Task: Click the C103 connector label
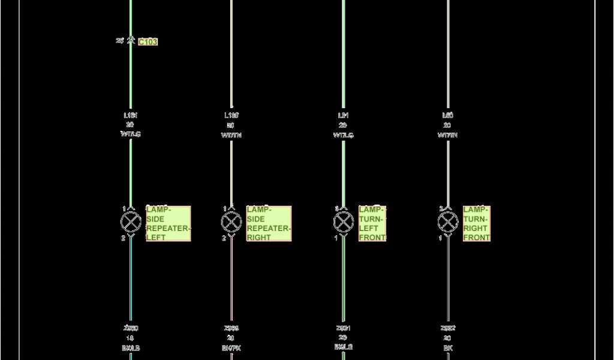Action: click(148, 42)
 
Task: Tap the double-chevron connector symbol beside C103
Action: click(131, 41)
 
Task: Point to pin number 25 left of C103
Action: click(120, 41)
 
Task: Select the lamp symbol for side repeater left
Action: click(130, 222)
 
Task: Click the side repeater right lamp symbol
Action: click(231, 222)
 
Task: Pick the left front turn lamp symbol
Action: click(344, 222)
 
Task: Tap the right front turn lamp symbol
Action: click(448, 222)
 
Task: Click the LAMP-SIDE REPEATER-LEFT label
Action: click(168, 224)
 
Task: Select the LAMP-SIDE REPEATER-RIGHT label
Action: click(269, 224)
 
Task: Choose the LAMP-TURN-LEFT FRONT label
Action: click(372, 224)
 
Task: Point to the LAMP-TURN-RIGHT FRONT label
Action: click(477, 224)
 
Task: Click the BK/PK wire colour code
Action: click(231, 348)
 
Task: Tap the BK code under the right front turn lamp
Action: click(448, 348)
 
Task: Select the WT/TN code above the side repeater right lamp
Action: click(231, 136)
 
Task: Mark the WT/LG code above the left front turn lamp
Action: click(344, 136)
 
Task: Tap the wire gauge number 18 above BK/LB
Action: click(130, 338)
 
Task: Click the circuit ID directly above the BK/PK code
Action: click(231, 328)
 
